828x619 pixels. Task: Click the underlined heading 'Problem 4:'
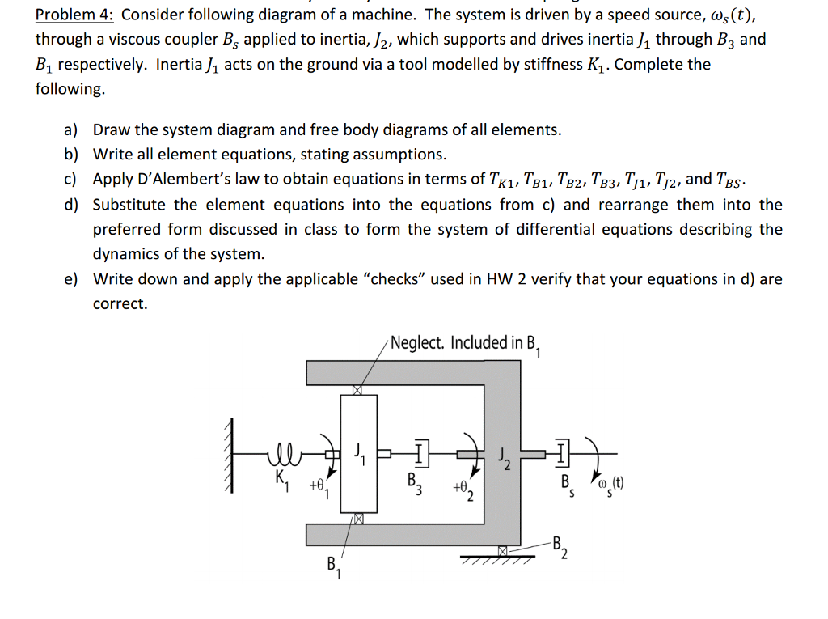click(75, 15)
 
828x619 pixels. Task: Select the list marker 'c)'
click(71, 179)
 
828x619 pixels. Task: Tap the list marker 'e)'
click(71, 279)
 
